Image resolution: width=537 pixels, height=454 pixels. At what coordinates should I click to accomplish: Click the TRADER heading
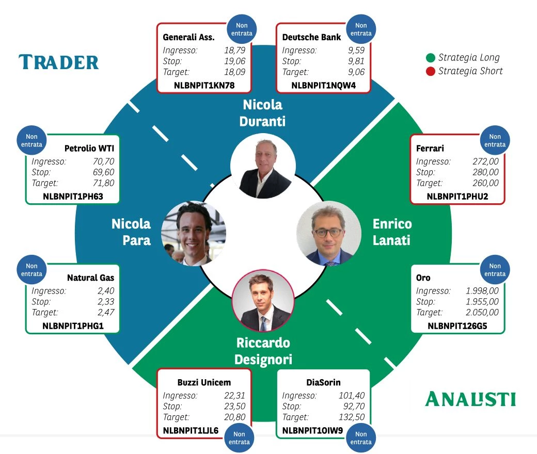[58, 62]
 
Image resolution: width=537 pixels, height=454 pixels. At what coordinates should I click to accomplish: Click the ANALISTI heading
[470, 399]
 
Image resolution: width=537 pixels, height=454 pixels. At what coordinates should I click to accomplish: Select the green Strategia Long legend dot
[430, 58]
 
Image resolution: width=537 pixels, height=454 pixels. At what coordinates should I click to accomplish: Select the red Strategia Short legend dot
[430, 71]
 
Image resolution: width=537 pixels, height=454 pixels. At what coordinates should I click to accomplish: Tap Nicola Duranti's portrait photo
[263, 167]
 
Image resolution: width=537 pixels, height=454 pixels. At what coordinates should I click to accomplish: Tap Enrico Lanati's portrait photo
[329, 233]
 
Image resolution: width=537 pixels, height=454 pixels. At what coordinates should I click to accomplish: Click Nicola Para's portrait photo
[194, 233]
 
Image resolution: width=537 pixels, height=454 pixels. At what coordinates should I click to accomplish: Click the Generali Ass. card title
[188, 37]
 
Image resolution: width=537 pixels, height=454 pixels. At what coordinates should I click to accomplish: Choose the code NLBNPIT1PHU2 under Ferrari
[457, 196]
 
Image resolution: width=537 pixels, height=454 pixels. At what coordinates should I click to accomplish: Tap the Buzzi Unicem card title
[204, 383]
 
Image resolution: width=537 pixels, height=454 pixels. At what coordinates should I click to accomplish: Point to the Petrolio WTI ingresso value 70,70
[103, 161]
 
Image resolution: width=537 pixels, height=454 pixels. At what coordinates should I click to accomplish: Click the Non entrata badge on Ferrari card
[495, 141]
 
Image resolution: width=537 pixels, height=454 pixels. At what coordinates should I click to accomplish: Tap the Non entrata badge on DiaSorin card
[360, 438]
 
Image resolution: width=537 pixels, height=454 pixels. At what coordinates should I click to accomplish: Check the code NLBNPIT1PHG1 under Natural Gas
[73, 326]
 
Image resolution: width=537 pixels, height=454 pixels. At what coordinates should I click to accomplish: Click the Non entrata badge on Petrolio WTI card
[31, 141]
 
